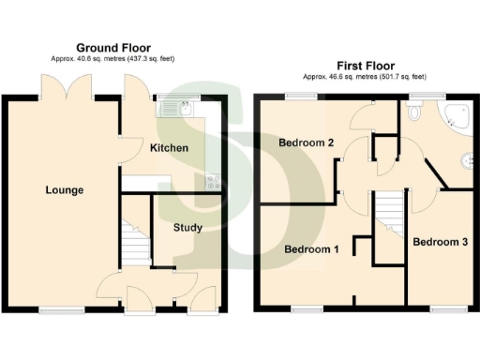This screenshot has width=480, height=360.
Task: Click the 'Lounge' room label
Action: tap(65, 190)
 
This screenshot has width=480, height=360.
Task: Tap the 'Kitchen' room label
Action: tap(169, 148)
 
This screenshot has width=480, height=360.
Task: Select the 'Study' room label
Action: tap(187, 227)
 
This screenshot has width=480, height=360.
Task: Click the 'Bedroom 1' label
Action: tap(310, 249)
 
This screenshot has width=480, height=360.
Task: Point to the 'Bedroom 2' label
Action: tap(306, 142)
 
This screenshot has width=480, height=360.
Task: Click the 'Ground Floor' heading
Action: tap(114, 48)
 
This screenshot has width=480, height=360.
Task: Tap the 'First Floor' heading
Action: tap(366, 67)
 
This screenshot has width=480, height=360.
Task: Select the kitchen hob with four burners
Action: tap(212, 183)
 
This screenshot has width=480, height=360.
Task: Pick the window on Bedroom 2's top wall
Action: tap(301, 96)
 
